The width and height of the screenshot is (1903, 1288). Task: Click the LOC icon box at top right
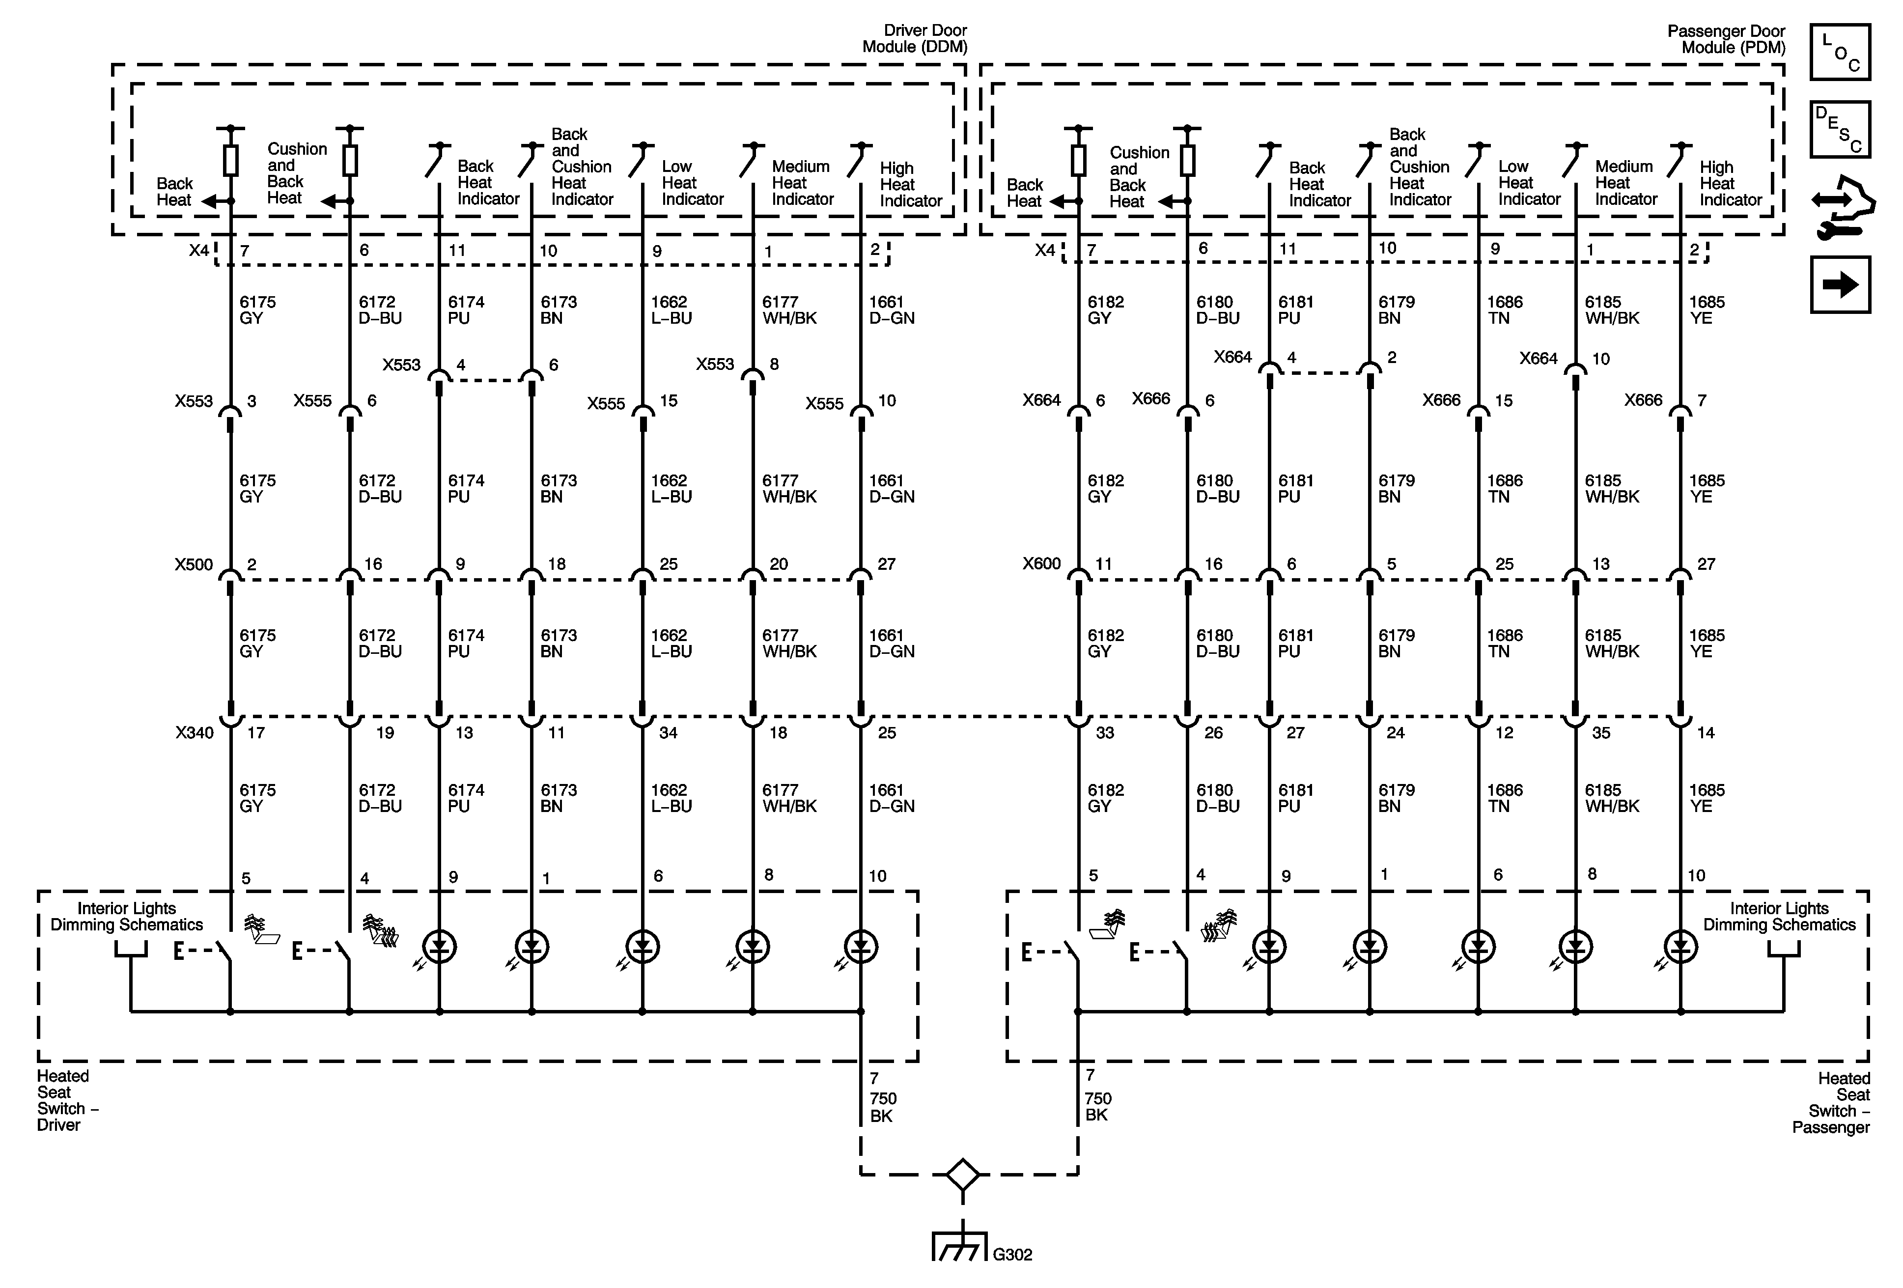coord(1840,52)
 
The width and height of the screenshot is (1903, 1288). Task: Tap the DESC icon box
coord(1840,129)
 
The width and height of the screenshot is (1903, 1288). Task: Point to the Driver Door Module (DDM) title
coord(915,38)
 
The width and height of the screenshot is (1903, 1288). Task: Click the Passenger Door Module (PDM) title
coord(1726,38)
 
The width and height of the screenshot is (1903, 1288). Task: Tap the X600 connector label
coord(1041,564)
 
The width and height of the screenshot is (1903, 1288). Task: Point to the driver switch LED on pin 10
coord(861,948)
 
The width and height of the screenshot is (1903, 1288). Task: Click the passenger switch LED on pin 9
coord(1269,948)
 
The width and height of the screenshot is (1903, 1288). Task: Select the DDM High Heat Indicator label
coord(911,184)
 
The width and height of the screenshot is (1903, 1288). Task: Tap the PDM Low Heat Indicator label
coord(1529,183)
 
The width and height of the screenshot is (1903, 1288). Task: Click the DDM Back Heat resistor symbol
coord(231,161)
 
